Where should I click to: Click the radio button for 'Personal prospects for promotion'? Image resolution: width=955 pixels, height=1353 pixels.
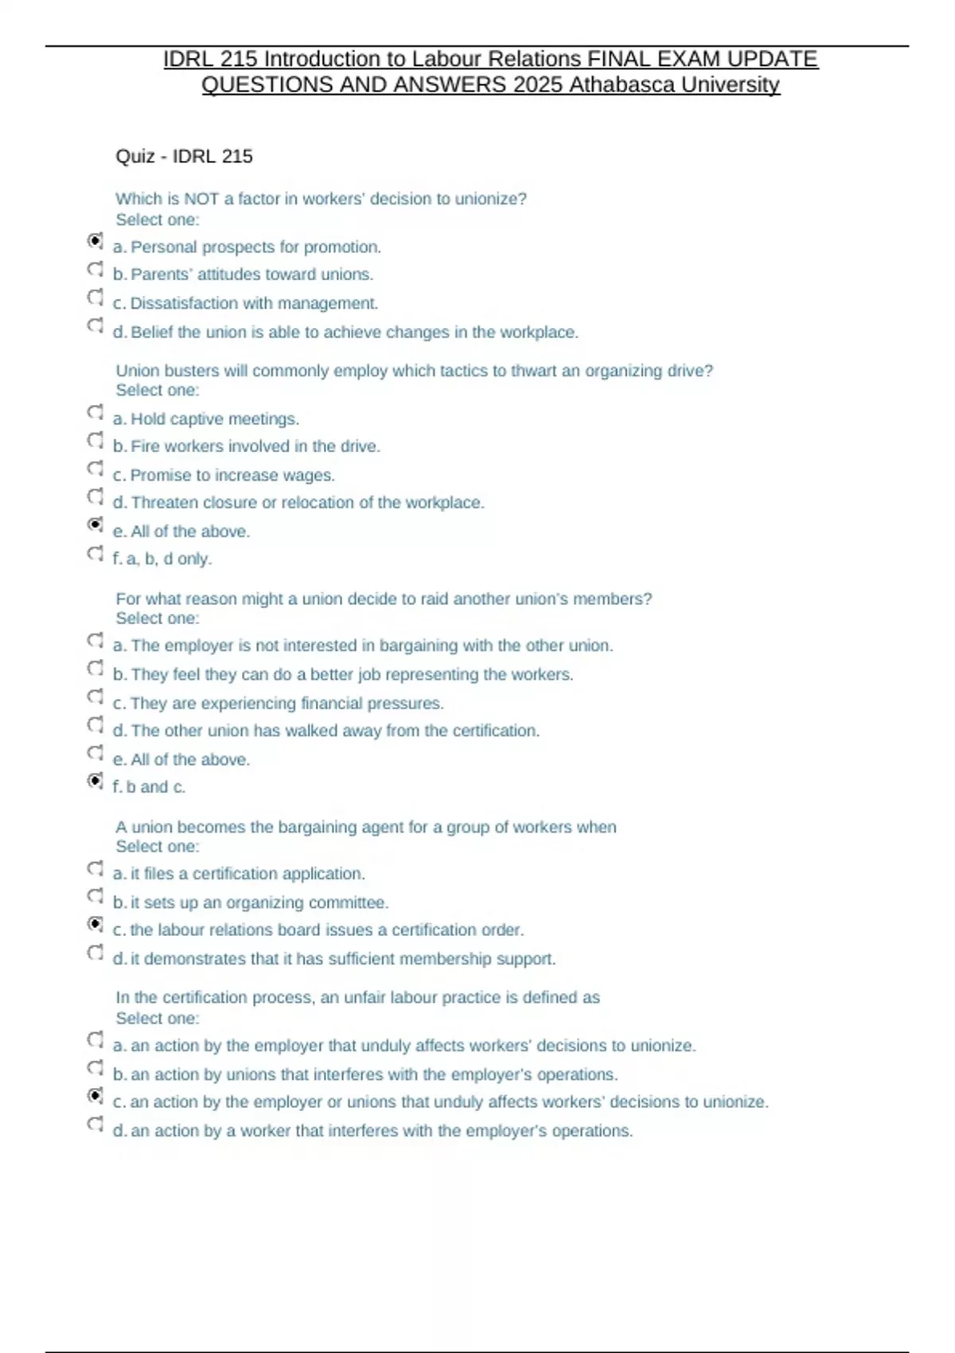pyautogui.click(x=95, y=240)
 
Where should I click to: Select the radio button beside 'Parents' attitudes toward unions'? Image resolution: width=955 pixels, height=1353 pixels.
pyautogui.click(x=95, y=269)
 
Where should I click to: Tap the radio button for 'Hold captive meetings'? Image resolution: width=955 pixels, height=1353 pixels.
pyautogui.click(x=95, y=412)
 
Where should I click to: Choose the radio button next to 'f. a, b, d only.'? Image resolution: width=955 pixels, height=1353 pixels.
pyautogui.click(x=95, y=552)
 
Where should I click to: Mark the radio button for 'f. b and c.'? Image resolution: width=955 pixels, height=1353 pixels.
pyautogui.click(x=95, y=781)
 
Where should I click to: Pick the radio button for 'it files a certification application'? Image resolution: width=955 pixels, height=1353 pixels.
pyautogui.click(x=95, y=868)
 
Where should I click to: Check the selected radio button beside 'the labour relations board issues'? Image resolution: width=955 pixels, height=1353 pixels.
pyautogui.click(x=95, y=924)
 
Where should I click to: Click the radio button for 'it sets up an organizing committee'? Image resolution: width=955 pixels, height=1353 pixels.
pyautogui.click(x=95, y=896)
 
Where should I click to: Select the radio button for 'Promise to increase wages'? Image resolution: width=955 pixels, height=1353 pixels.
pyautogui.click(x=95, y=468)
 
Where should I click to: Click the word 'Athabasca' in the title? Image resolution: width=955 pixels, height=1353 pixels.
pyautogui.click(x=621, y=84)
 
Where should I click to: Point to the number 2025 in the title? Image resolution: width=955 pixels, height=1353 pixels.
pyautogui.click(x=538, y=84)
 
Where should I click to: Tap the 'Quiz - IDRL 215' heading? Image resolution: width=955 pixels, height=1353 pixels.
pyautogui.click(x=184, y=156)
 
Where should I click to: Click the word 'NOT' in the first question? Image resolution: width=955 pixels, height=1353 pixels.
pyautogui.click(x=201, y=198)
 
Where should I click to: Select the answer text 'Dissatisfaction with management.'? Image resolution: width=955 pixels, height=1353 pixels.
pyautogui.click(x=254, y=303)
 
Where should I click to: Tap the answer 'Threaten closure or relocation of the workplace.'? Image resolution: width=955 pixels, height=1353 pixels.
pyautogui.click(x=307, y=502)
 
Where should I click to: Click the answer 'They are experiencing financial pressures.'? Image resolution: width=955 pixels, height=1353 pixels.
pyautogui.click(x=286, y=703)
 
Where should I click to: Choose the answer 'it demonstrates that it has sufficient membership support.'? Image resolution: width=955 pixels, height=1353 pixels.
pyautogui.click(x=342, y=958)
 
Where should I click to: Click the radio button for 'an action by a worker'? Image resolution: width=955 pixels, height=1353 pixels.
pyautogui.click(x=95, y=1124)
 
